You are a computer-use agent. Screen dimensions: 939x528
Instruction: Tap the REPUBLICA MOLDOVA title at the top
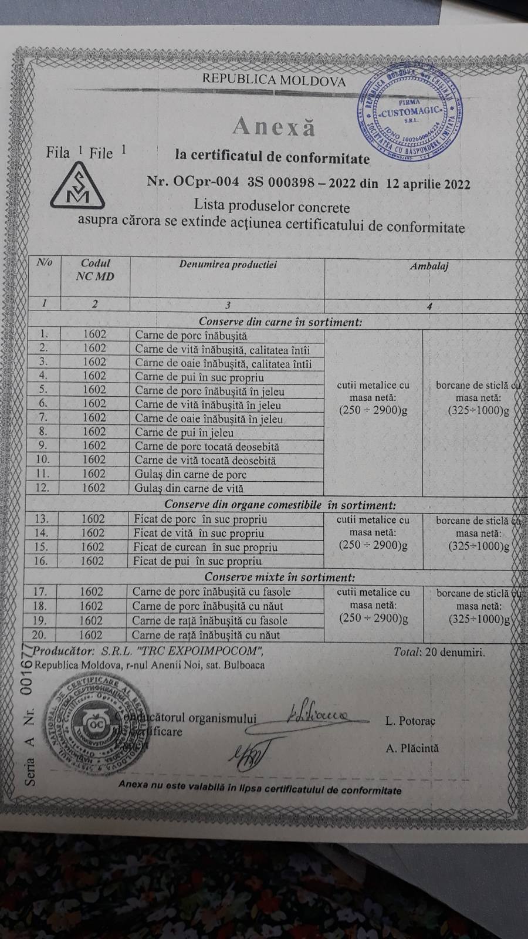point(274,81)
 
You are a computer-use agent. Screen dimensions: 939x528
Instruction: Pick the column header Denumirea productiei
point(228,264)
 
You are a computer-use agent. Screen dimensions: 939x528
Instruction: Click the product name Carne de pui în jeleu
point(184,433)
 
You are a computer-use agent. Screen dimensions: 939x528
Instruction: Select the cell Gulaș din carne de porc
point(191,475)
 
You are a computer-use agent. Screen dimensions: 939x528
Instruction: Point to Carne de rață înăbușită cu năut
point(205,634)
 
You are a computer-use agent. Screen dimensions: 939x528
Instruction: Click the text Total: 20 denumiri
point(439,651)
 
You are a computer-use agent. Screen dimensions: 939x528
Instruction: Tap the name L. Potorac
point(411,721)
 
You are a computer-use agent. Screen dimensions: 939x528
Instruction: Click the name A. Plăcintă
point(412,748)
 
